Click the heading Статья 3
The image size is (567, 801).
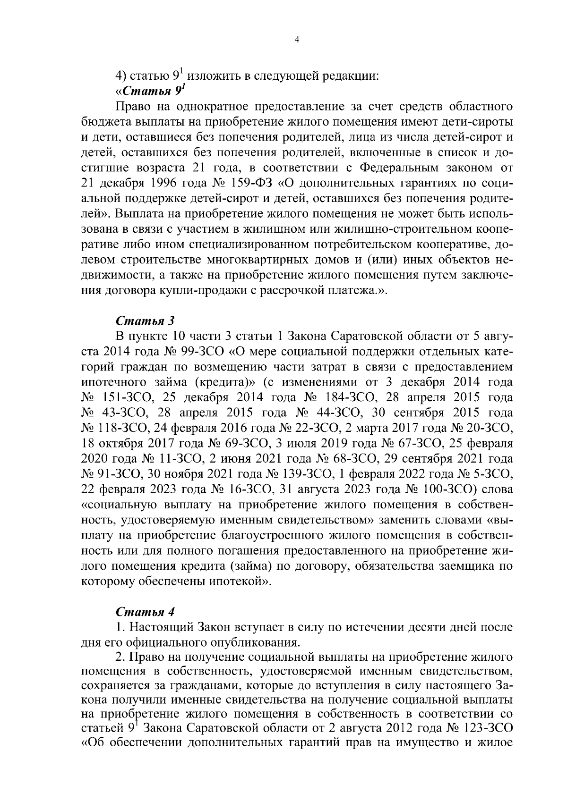click(145, 320)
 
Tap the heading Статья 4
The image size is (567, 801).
click(145, 612)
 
